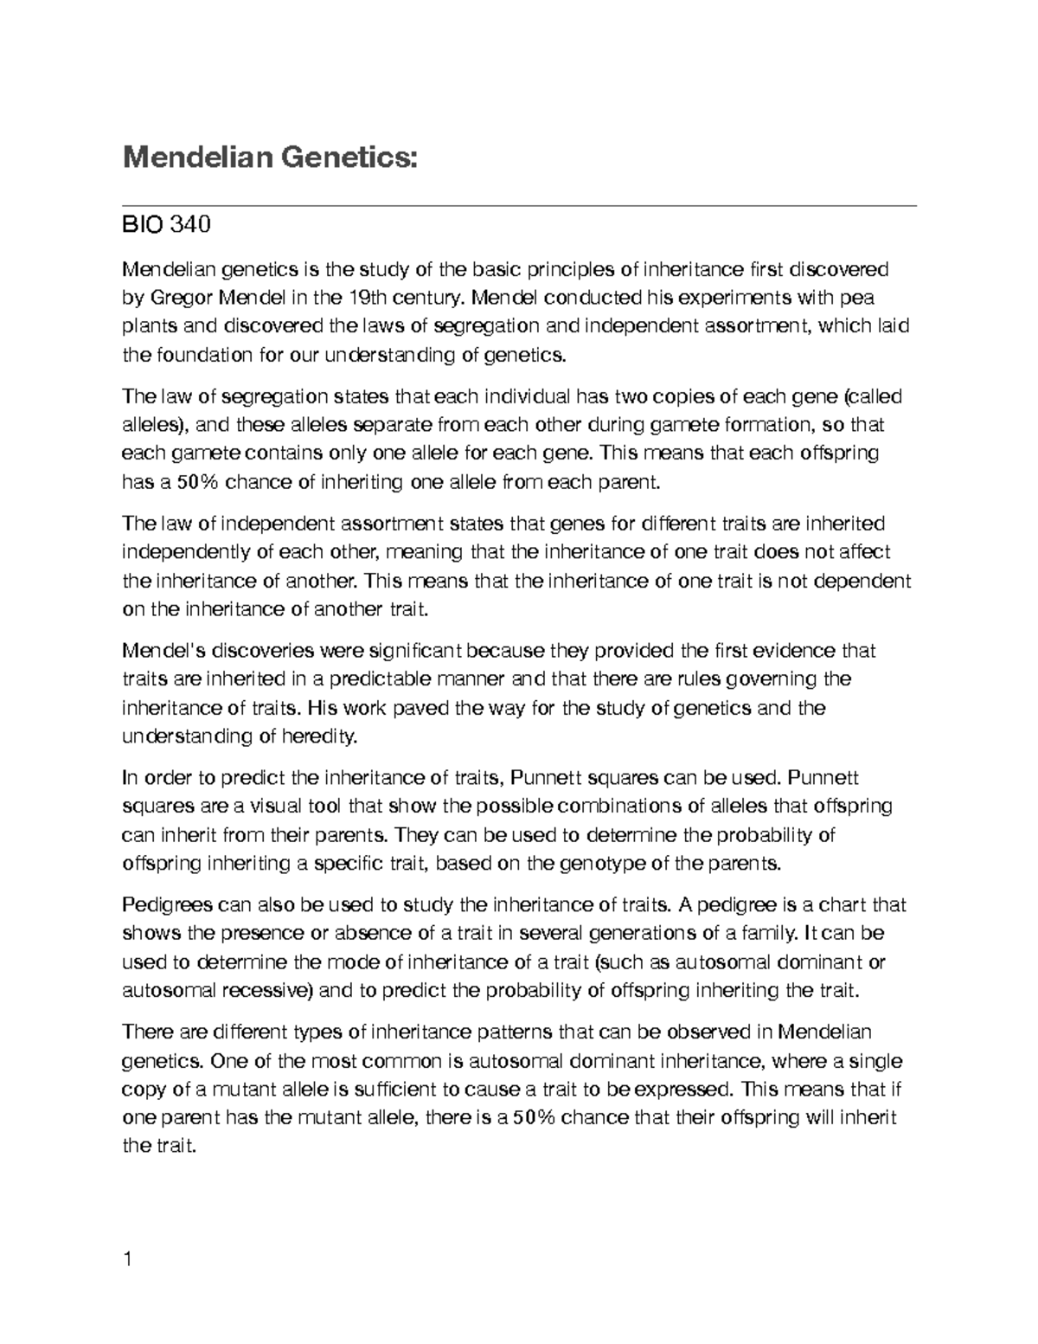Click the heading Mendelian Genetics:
pos(270,158)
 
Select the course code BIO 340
pos(166,227)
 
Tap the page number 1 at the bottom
pos(128,1259)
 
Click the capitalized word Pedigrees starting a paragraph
pos(169,905)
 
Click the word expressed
pos(683,1090)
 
